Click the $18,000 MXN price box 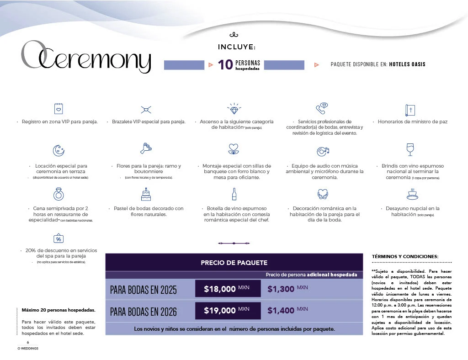click(228, 289)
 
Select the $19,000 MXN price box click(228, 311)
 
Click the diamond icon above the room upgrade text click(234, 109)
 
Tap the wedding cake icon click(146, 194)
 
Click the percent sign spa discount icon click(58, 238)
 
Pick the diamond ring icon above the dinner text click(58, 195)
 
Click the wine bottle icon click(234, 194)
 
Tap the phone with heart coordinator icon click(322, 109)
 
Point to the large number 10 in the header click(225, 65)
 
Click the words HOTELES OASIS click(407, 64)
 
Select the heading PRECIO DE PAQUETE click(234, 263)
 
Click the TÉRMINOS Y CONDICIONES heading click(405, 256)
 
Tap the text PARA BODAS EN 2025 click(143, 290)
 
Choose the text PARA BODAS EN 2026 click(143, 312)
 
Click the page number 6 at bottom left click(28, 343)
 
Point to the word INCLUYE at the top click(237, 47)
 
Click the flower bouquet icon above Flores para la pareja click(146, 148)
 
